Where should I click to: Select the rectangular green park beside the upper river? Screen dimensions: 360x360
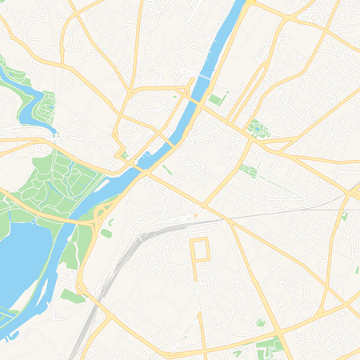pos(216,99)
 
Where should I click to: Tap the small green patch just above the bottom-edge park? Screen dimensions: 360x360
pos(260,322)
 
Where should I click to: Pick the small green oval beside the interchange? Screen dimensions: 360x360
pos(106,233)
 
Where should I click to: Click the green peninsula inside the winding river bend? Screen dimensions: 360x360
pos(46,104)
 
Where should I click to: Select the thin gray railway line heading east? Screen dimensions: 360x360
pos(288,212)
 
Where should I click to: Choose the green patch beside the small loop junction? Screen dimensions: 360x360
pos(73,296)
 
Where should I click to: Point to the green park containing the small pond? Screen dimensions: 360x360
pos(255,127)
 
